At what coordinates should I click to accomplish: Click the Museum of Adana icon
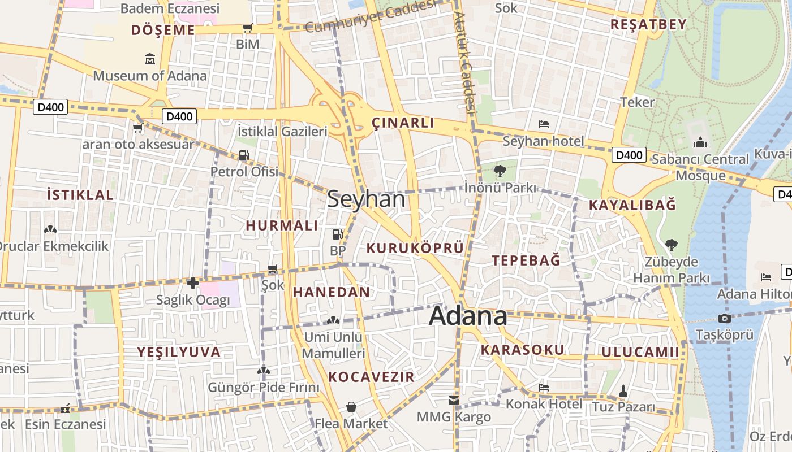point(150,58)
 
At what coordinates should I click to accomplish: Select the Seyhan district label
point(367,199)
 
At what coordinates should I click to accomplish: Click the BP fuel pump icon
point(337,234)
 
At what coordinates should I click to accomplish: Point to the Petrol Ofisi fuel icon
point(244,155)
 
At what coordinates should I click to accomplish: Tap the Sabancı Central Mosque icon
point(700,142)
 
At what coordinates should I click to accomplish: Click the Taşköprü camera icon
point(724,318)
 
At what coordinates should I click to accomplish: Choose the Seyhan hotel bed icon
point(544,124)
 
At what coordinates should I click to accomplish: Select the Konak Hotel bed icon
point(544,388)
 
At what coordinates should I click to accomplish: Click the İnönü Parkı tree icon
point(500,171)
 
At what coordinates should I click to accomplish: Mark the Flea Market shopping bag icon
point(351,407)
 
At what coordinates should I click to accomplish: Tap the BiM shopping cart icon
point(247,28)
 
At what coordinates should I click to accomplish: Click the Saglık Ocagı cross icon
point(193,282)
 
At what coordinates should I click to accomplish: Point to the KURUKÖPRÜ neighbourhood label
point(415,247)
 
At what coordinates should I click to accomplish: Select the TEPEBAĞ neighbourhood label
point(526,260)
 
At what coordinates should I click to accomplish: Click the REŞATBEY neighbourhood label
point(648,24)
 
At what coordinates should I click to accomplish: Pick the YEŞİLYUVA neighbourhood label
point(179,352)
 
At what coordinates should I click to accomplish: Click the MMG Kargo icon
point(454,401)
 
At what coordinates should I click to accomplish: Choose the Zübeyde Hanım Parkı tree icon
point(671,245)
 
